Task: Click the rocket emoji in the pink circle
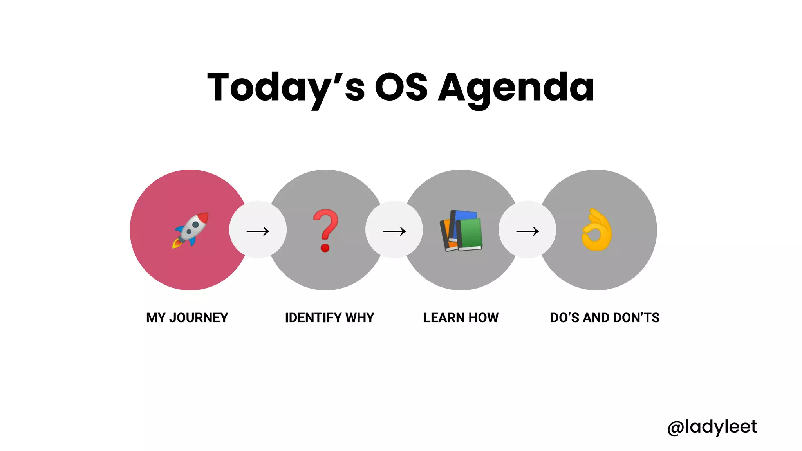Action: pos(191,230)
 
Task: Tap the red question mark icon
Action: pos(325,230)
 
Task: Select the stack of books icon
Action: pos(461,230)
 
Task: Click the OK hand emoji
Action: pos(596,230)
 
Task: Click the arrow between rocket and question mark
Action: pos(258,231)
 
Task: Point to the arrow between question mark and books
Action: pos(394,231)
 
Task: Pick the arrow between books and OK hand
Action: pos(527,231)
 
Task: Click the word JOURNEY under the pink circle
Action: pos(199,318)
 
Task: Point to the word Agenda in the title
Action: pos(516,88)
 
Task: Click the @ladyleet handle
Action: pos(712,427)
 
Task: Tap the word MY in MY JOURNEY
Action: pos(156,318)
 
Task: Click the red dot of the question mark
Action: pos(325,248)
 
